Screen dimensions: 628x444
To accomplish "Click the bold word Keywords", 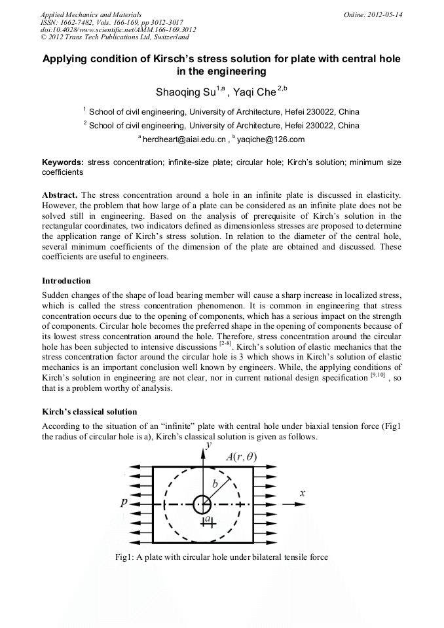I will tap(62, 162).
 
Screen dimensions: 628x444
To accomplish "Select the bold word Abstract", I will tap(60, 195).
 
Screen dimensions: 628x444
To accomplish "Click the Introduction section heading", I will tap(66, 281).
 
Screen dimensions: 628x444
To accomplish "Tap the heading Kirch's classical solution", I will tap(89, 412).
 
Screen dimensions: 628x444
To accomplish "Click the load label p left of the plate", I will tap(124, 503).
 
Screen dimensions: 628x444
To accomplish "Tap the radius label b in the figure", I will tap(215, 484).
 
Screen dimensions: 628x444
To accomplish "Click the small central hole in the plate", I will tap(202, 504).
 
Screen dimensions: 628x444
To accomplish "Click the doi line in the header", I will tap(118, 29).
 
